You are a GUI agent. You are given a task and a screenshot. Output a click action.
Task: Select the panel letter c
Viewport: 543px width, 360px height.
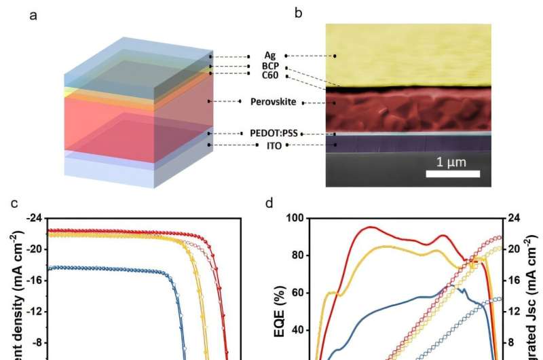(x=33, y=202)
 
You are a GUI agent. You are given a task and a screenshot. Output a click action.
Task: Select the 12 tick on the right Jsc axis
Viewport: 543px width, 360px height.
(x=511, y=310)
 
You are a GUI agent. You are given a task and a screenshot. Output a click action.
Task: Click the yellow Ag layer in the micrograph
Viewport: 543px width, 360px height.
(x=407, y=54)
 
